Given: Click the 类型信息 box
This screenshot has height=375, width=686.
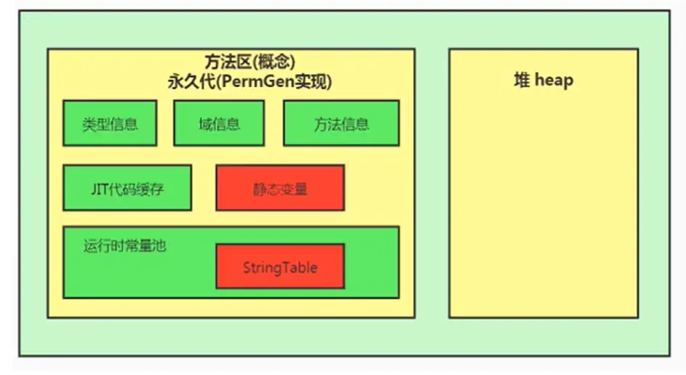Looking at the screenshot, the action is [109, 123].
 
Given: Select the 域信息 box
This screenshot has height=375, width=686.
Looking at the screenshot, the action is [219, 123].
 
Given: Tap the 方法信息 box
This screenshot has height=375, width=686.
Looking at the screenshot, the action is [342, 123].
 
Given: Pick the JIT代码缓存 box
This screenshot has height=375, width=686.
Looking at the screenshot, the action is [128, 188].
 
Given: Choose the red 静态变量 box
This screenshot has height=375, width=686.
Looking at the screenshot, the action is [280, 188].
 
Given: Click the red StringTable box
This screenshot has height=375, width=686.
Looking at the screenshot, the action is [280, 266].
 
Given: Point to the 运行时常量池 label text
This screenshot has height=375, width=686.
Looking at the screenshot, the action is [125, 245].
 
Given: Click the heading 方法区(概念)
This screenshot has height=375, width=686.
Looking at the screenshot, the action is [249, 62].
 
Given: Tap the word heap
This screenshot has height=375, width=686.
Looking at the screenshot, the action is [554, 81].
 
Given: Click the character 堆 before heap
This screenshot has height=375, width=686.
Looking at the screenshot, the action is [522, 80].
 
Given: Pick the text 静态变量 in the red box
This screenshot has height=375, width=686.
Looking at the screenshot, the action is [280, 189].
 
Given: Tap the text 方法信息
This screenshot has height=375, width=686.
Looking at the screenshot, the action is [342, 124].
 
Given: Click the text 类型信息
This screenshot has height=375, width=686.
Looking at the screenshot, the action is [110, 124].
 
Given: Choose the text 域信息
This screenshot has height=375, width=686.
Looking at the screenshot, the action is [219, 124].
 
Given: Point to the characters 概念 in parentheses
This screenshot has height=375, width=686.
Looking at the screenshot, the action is [274, 62].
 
